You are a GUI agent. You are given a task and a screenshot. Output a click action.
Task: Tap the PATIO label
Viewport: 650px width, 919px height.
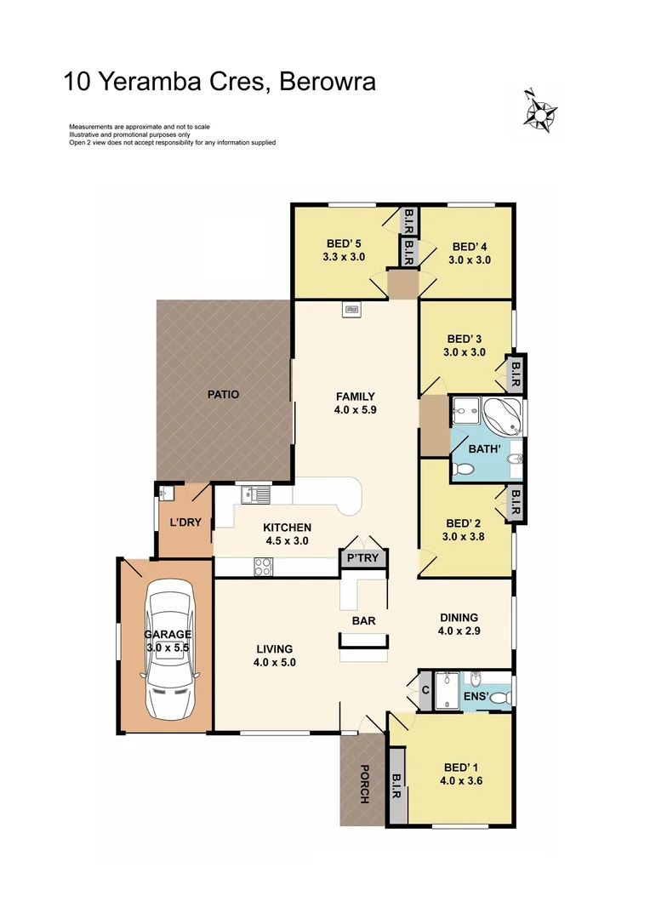(223, 395)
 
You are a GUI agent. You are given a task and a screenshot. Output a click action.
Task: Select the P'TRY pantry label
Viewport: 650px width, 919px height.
(364, 559)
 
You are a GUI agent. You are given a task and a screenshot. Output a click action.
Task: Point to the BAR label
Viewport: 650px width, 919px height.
(364, 621)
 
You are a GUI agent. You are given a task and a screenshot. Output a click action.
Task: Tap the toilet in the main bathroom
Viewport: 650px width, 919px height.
(465, 468)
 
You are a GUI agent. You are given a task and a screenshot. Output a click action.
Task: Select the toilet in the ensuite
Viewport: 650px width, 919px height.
(500, 697)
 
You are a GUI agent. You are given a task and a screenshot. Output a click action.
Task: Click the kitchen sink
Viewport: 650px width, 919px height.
(254, 493)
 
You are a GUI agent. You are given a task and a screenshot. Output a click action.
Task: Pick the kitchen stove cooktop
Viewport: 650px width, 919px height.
(264, 566)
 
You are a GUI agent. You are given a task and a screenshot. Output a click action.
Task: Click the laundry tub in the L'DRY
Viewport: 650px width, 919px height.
(165, 493)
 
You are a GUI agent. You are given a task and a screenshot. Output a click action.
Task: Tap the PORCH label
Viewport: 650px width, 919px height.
(363, 784)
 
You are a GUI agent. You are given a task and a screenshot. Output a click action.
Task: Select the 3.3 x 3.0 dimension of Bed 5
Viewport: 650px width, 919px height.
(344, 255)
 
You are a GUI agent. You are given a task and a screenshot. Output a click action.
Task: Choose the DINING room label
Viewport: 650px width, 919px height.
(459, 618)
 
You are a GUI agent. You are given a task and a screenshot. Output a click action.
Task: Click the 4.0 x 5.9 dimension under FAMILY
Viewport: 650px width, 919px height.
(356, 409)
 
